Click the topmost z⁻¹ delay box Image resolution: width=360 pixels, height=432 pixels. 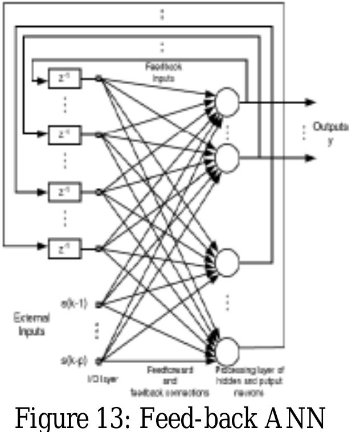[x=64, y=79]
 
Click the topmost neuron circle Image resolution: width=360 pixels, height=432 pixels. [x=227, y=102]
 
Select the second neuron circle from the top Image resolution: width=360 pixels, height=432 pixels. [x=227, y=158]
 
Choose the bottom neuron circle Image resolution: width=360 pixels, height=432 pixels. [x=227, y=349]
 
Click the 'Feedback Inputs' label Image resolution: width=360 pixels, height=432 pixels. [x=163, y=73]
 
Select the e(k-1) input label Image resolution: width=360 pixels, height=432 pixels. [x=73, y=303]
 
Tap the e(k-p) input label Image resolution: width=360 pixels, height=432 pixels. [x=73, y=360]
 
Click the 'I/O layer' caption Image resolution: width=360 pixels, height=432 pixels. [x=103, y=378]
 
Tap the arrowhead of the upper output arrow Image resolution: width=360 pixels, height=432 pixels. [x=310, y=102]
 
